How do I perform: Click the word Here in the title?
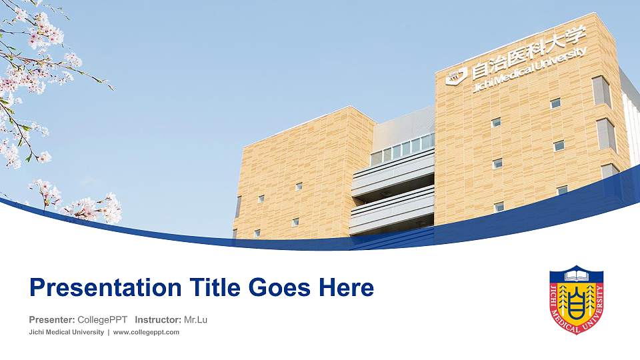point(345,288)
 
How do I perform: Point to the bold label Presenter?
point(51,320)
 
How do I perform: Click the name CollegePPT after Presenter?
point(103,320)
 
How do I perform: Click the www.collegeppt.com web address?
point(147,332)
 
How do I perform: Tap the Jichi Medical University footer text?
point(66,332)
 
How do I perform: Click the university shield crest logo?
point(576,299)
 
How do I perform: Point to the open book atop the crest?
point(576,274)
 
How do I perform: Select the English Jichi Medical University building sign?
point(530,71)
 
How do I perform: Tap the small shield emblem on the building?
point(456,77)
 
